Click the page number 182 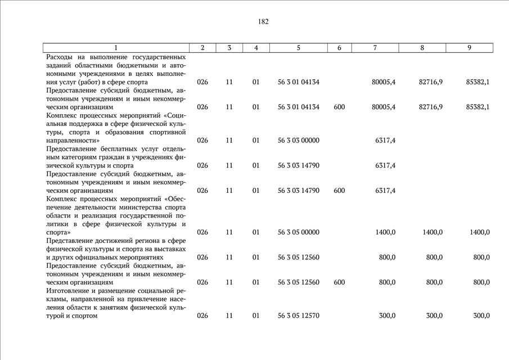[263, 22]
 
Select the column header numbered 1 [116, 48]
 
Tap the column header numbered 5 [299, 48]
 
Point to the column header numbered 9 [469, 48]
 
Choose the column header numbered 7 [375, 48]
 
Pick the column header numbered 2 [202, 48]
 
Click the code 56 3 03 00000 [299, 140]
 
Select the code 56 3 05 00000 [299, 232]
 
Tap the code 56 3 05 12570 [299, 316]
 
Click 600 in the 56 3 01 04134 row [339, 107]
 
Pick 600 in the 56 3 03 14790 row [339, 191]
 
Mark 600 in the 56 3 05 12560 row [339, 282]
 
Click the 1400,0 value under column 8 [433, 232]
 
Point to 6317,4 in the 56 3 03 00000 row [384, 140]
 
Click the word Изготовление [69, 291]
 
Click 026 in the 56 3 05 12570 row [202, 316]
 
